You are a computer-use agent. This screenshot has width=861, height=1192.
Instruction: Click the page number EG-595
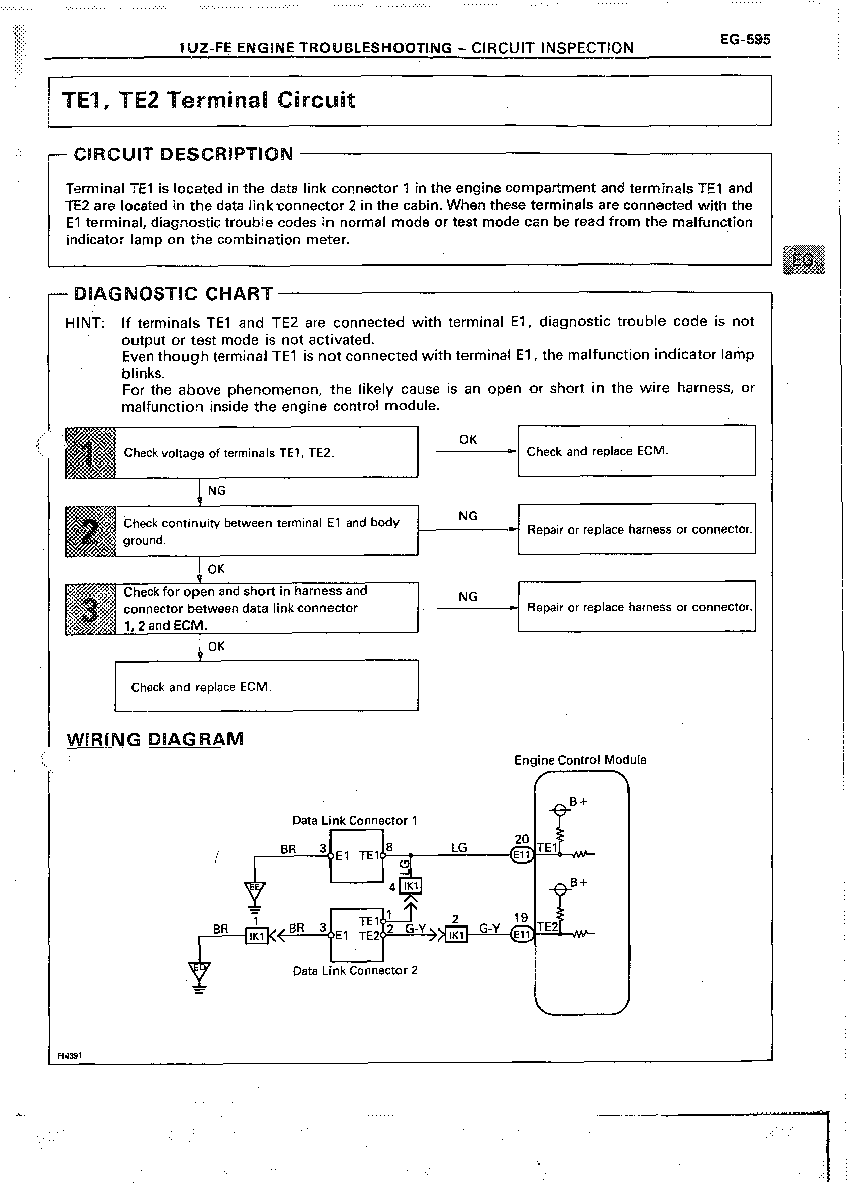pyautogui.click(x=745, y=40)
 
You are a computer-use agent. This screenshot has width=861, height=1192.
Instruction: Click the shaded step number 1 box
pyautogui.click(x=90, y=452)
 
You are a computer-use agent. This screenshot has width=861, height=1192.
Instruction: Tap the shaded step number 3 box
pyautogui.click(x=90, y=609)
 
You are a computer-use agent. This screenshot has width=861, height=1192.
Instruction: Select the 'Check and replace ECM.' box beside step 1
pyautogui.click(x=637, y=451)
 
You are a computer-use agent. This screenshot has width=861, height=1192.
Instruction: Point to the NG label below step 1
pyautogui.click(x=217, y=491)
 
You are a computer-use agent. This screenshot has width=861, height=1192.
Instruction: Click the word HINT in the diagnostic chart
pyautogui.click(x=85, y=323)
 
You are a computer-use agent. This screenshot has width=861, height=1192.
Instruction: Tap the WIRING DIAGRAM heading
pyautogui.click(x=155, y=739)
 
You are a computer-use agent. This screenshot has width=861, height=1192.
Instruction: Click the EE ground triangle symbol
pyautogui.click(x=255, y=890)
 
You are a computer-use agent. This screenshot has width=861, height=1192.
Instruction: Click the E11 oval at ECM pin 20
pyautogui.click(x=522, y=855)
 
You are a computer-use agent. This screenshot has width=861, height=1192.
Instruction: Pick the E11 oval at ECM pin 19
pyautogui.click(x=522, y=934)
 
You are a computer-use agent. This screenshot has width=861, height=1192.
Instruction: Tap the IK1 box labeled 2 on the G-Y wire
pyautogui.click(x=456, y=935)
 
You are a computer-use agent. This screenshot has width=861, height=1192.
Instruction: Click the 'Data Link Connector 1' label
pyautogui.click(x=355, y=820)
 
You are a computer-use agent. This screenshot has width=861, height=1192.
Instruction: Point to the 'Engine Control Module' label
pyautogui.click(x=580, y=760)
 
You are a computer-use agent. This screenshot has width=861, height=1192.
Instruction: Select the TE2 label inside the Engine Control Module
pyautogui.click(x=547, y=927)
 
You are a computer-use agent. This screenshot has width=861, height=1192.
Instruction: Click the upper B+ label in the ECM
pyautogui.click(x=578, y=802)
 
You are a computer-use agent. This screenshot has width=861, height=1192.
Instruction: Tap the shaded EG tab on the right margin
pyautogui.click(x=804, y=259)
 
